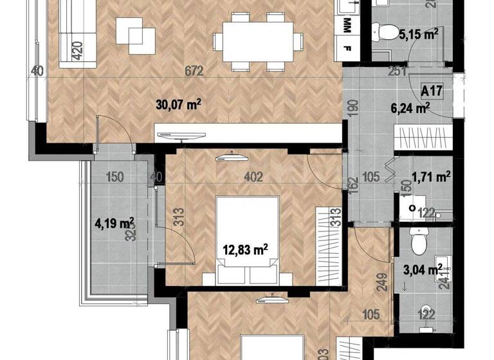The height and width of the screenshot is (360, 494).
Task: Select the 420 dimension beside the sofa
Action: (77, 50)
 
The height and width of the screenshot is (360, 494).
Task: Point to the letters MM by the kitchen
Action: (348, 25)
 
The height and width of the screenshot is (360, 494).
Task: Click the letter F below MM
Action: (348, 48)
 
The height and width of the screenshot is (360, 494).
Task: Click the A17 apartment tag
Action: (431, 91)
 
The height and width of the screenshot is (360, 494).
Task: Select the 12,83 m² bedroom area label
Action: (245, 249)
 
